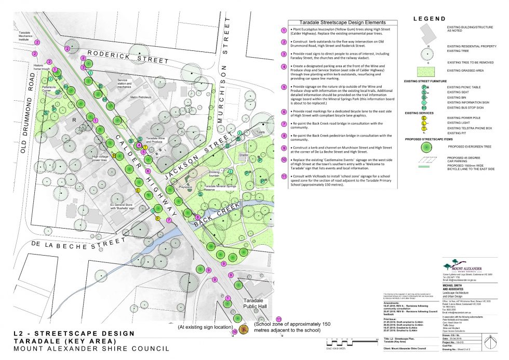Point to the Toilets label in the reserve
[x=260, y=132]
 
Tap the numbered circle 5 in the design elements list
[x=284, y=87]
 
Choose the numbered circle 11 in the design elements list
[x=284, y=176]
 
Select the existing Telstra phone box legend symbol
[x=424, y=128]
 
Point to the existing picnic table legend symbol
[x=424, y=87]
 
